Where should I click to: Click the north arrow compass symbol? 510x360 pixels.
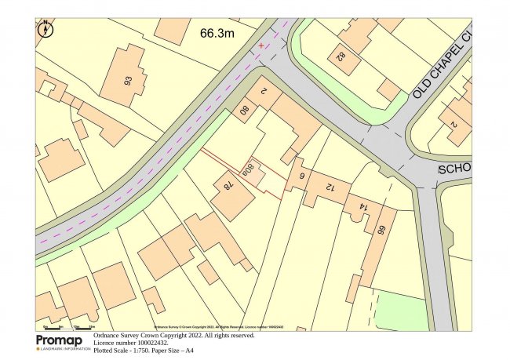46,30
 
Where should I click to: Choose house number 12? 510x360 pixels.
328,186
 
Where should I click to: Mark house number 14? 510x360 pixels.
362,207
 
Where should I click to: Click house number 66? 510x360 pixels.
383,231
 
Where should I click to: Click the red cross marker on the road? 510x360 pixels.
261,46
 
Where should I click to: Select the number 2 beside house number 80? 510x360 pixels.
264,91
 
